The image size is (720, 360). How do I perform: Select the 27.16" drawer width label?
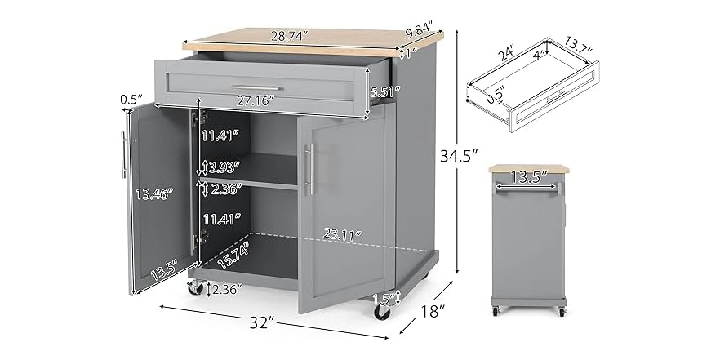click(x=251, y=100)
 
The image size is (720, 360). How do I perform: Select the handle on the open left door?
click(x=124, y=154)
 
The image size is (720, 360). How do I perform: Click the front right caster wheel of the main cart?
click(x=382, y=311)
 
